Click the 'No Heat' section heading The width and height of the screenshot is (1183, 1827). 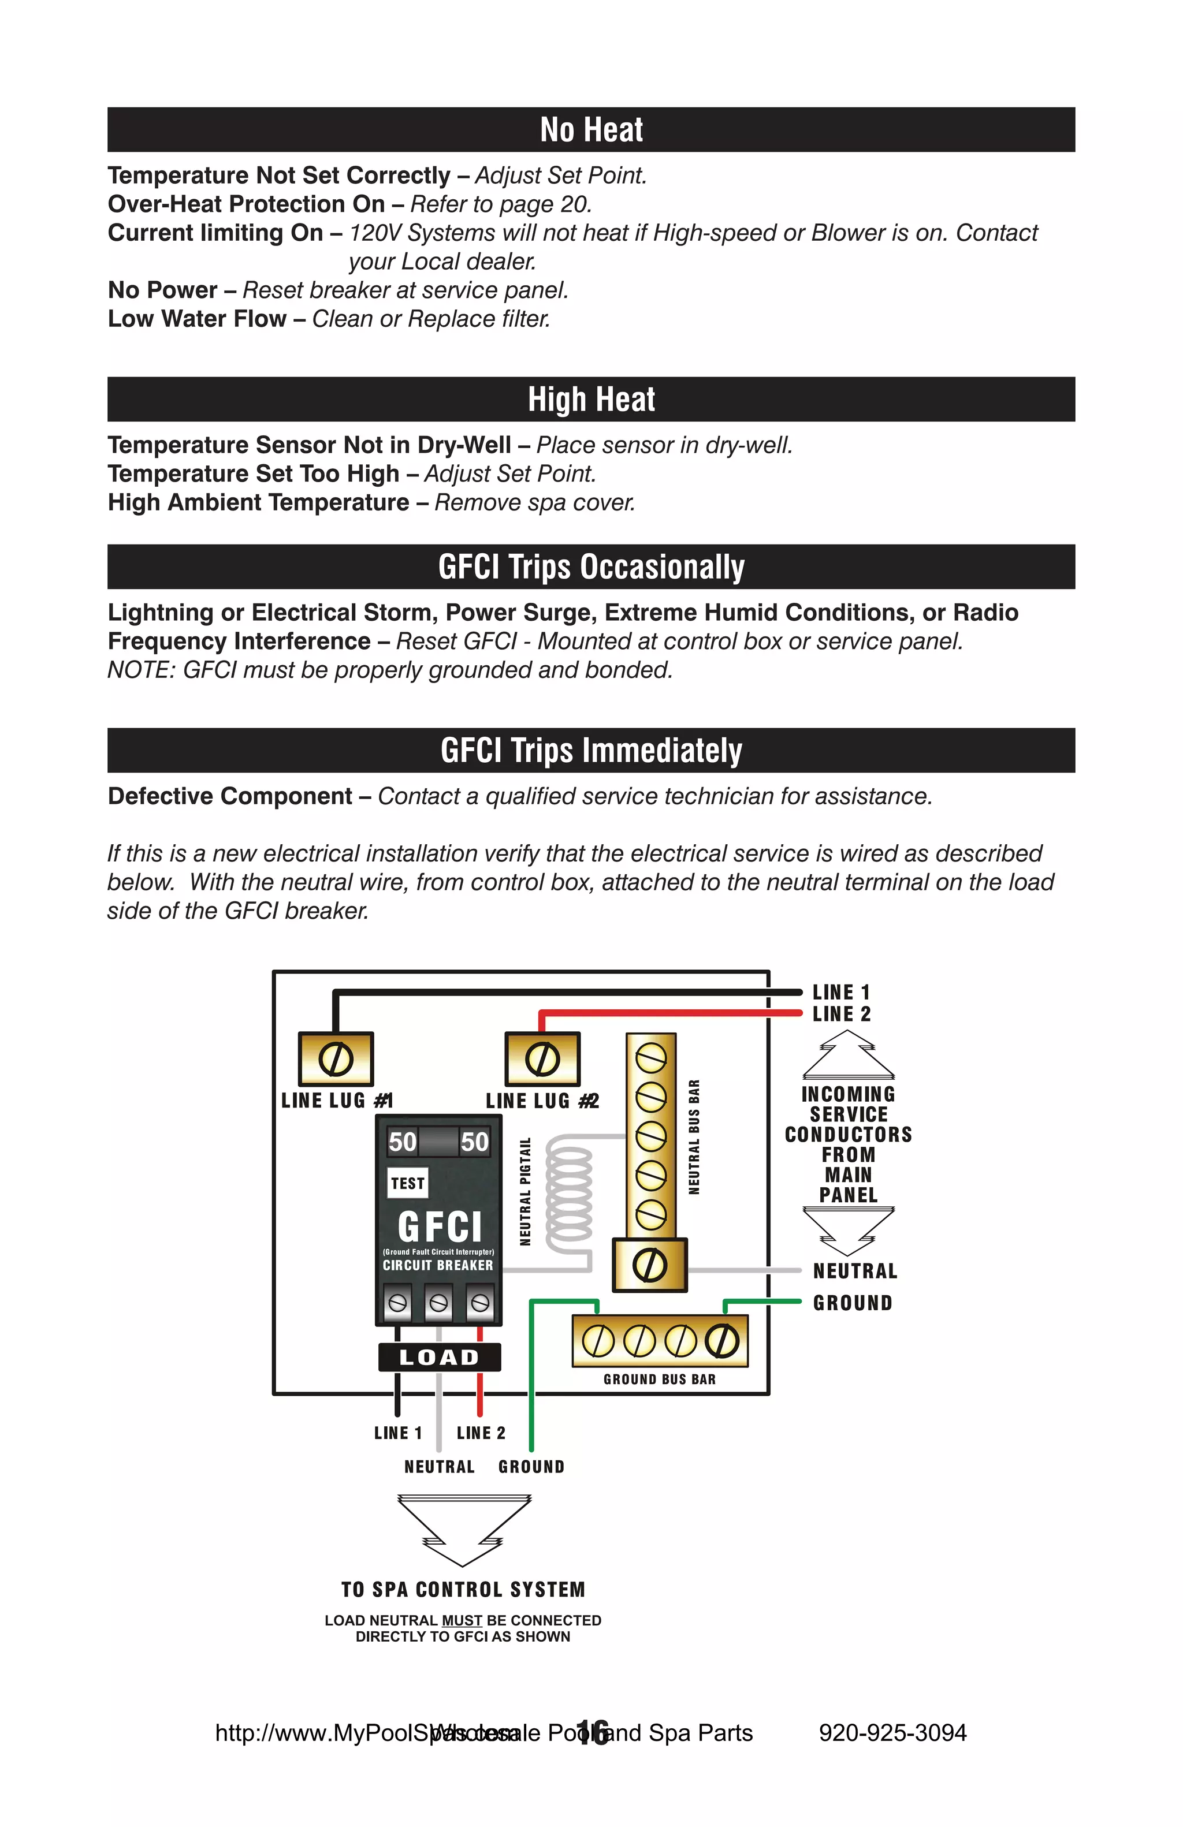pyautogui.click(x=591, y=130)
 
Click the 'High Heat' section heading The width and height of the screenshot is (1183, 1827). pyautogui.click(x=591, y=399)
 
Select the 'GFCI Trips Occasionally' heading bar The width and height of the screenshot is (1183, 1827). pyautogui.click(x=591, y=566)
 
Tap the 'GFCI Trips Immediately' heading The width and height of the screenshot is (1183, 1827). pyautogui.click(x=591, y=750)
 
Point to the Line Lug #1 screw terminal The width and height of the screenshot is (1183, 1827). pyautogui.click(x=336, y=1060)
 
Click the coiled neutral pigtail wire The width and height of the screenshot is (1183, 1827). pyautogui.click(x=569, y=1194)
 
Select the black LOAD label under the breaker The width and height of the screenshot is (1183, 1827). pyautogui.click(x=439, y=1357)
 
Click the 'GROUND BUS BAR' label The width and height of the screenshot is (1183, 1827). pyautogui.click(x=660, y=1379)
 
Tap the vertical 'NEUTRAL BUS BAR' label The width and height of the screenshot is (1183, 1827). pyautogui.click(x=694, y=1137)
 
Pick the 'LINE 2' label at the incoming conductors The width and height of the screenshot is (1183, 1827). pyautogui.click(x=842, y=1014)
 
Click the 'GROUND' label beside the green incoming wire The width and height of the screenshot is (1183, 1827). pyautogui.click(x=852, y=1303)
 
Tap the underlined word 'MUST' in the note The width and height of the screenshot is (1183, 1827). pyautogui.click(x=462, y=1620)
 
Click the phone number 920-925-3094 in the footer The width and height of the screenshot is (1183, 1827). pyautogui.click(x=892, y=1732)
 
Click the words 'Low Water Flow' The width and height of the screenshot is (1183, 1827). pyautogui.click(x=196, y=319)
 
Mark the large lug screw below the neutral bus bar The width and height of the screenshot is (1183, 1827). pyautogui.click(x=649, y=1266)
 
